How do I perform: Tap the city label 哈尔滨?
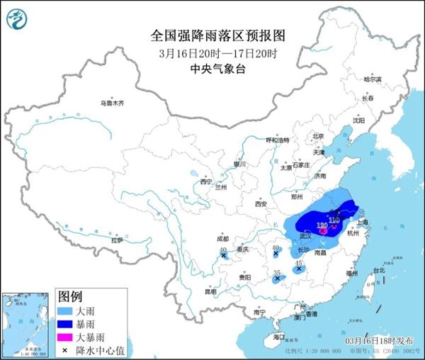click(373, 79)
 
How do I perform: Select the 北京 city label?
click(318, 136)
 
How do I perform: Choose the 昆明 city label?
click(211, 291)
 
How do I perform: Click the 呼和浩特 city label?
click(277, 140)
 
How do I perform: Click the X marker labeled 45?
click(299, 269)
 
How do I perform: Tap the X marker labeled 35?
click(277, 279)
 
